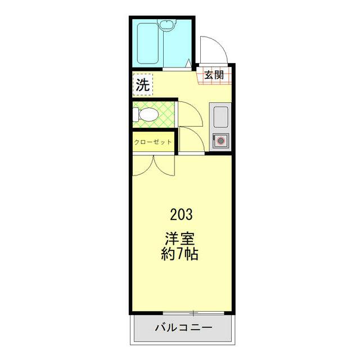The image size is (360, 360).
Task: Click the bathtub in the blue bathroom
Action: (148, 44)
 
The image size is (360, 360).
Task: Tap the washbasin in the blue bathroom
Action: (167, 24)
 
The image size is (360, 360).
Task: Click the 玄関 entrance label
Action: (214, 75)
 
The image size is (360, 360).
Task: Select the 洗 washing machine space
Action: (142, 84)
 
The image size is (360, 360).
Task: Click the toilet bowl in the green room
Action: (148, 114)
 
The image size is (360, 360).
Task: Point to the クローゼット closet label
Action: (153, 142)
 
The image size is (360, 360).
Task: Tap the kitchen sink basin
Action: (220, 117)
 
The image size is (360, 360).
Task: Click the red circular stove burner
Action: (220, 141)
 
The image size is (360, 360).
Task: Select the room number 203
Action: (181, 215)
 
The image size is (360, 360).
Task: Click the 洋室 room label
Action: (180, 239)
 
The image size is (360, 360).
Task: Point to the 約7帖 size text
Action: (179, 254)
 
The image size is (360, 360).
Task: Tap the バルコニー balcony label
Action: (183, 327)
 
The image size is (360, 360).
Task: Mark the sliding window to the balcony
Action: (193, 313)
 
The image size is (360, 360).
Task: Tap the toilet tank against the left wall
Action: (136, 115)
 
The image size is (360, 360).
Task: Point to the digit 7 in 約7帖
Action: (179, 254)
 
